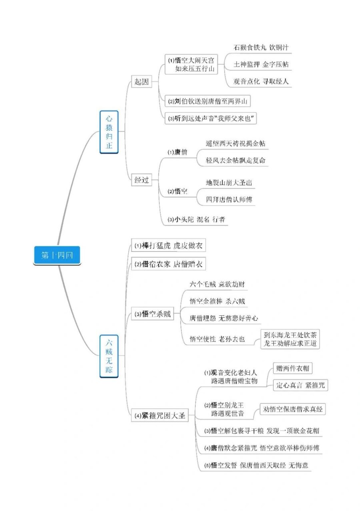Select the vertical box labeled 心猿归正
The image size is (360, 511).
tap(109, 132)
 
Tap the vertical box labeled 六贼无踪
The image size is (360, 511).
tap(109, 357)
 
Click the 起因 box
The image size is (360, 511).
tap(141, 82)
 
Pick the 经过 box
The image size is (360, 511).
tap(141, 180)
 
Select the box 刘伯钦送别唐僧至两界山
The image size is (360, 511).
tap(208, 101)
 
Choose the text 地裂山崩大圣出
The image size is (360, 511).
tap(229, 182)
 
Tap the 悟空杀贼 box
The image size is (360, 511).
tap(153, 314)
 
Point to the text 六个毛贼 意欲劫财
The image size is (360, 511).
tap(217, 284)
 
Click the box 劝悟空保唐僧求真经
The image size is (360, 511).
tap(292, 409)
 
